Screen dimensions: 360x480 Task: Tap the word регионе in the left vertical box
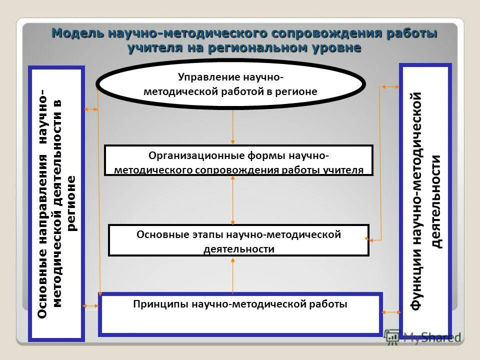pyautogui.click(x=72, y=203)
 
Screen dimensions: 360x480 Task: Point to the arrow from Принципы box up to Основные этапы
pyautogui.click(x=233, y=274)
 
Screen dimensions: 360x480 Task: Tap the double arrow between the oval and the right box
pyautogui.click(x=390, y=87)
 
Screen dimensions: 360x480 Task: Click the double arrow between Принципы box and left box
pyautogui.click(x=91, y=305)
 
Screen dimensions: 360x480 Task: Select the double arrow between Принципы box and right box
pyautogui.click(x=390, y=312)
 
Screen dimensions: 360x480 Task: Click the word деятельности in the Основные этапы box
pyautogui.click(x=239, y=249)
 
